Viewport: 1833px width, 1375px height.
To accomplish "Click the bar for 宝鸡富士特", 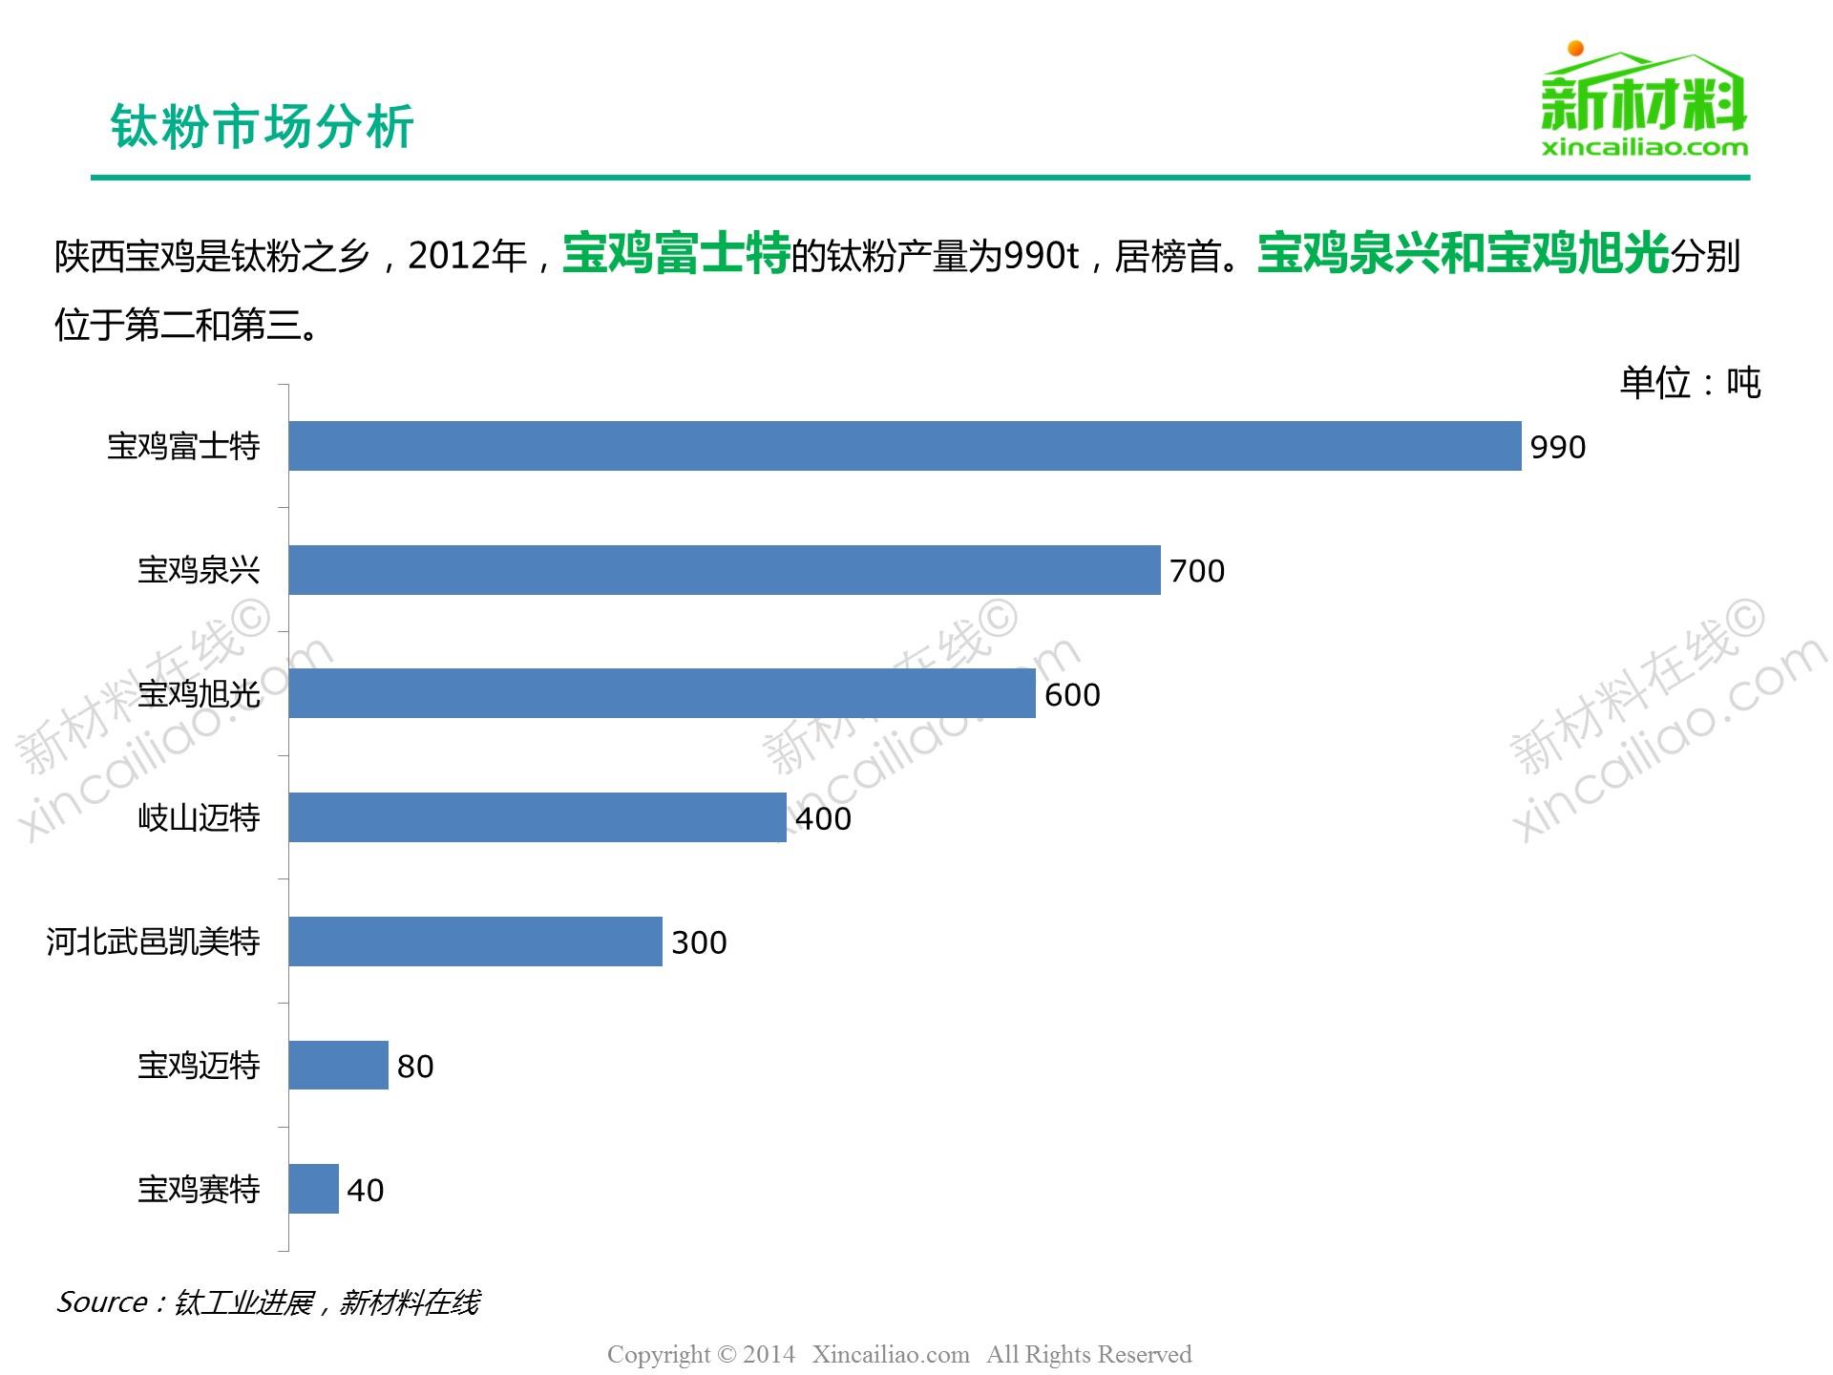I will (904, 446).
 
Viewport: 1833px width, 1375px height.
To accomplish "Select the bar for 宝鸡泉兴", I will (724, 570).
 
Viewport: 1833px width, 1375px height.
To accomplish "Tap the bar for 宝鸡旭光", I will (662, 693).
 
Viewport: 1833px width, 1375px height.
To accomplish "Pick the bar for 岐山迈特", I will (537, 817).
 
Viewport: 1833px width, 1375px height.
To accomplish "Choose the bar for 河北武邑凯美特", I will (475, 941).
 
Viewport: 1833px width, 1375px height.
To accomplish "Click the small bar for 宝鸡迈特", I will (338, 1066).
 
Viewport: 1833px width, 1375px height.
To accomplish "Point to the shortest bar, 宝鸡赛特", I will (313, 1189).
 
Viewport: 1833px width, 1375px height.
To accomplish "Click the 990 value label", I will (1557, 447).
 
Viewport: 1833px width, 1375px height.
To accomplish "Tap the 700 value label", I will (1196, 571).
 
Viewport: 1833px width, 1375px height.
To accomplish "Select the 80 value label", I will (415, 1067).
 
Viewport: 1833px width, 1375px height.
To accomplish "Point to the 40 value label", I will (365, 1191).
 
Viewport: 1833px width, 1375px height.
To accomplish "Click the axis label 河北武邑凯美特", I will (153, 942).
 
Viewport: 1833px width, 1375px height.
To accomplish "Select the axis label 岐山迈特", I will (199, 818).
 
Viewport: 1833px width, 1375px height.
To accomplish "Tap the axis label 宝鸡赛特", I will (199, 1190).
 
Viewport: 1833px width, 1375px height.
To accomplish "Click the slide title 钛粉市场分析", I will (262, 126).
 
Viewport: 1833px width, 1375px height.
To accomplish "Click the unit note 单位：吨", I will (1689, 383).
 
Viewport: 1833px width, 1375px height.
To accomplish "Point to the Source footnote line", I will (268, 1302).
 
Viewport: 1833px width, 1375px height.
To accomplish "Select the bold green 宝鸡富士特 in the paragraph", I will (676, 255).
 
